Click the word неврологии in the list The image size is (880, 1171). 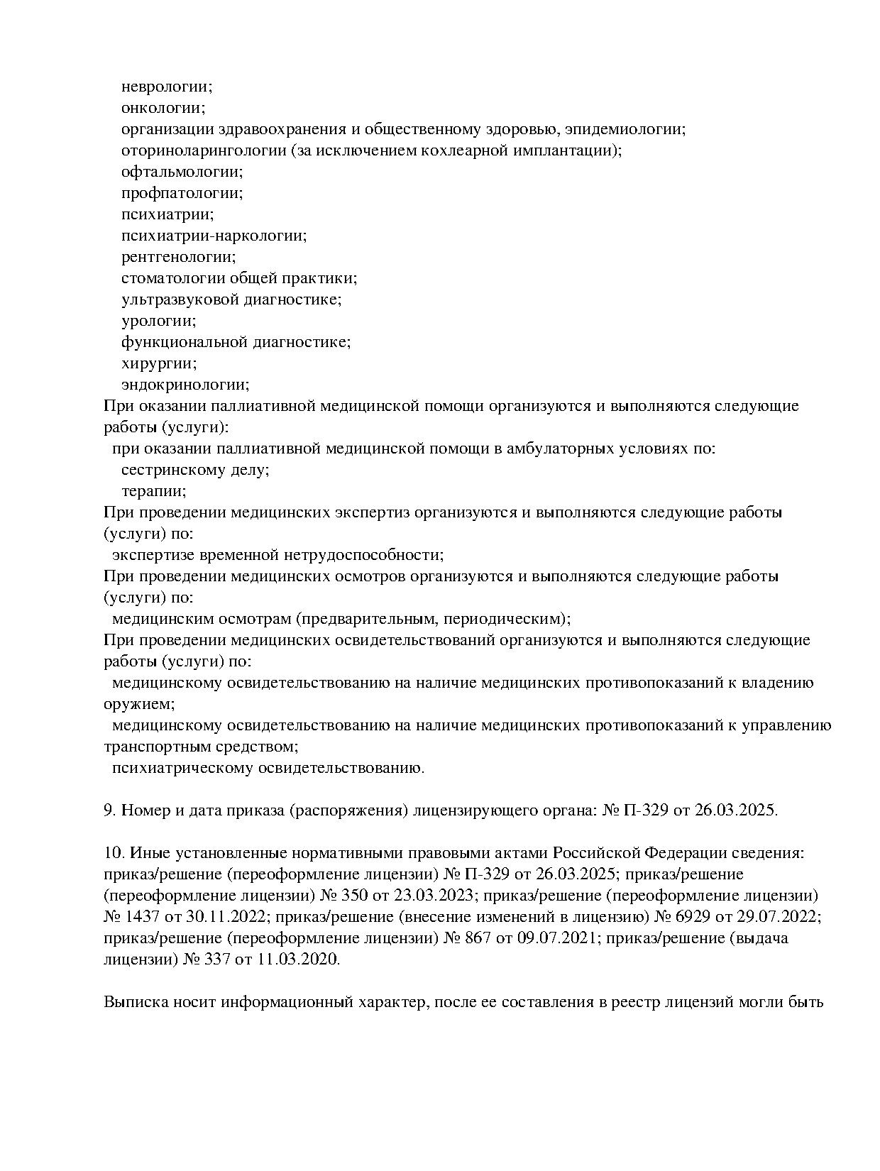(166, 87)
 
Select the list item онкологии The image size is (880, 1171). (163, 108)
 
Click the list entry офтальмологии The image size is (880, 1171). (182, 172)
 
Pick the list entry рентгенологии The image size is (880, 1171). (178, 257)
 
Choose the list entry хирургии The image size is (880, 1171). (159, 363)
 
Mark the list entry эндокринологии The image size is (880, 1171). (185, 385)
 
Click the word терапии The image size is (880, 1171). (153, 491)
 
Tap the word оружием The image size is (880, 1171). (138, 704)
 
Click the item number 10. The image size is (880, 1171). (112, 853)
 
